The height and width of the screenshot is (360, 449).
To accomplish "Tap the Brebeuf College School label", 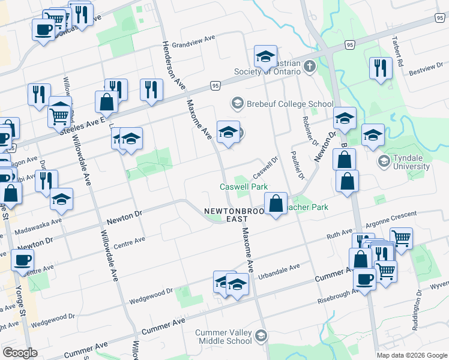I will coord(289,104).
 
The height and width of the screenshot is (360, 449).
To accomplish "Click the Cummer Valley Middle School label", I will coord(224,337).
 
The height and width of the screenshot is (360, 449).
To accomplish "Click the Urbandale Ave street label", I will coord(279,272).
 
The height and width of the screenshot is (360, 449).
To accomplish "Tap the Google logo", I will coord(20,352).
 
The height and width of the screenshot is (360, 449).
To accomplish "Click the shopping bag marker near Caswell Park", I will coord(276,203).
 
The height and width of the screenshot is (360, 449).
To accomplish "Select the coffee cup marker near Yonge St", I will coord(23,260).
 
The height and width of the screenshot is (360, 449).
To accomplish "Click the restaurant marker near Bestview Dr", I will coord(380,67).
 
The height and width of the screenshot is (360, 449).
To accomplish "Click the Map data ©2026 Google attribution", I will coord(411,355).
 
